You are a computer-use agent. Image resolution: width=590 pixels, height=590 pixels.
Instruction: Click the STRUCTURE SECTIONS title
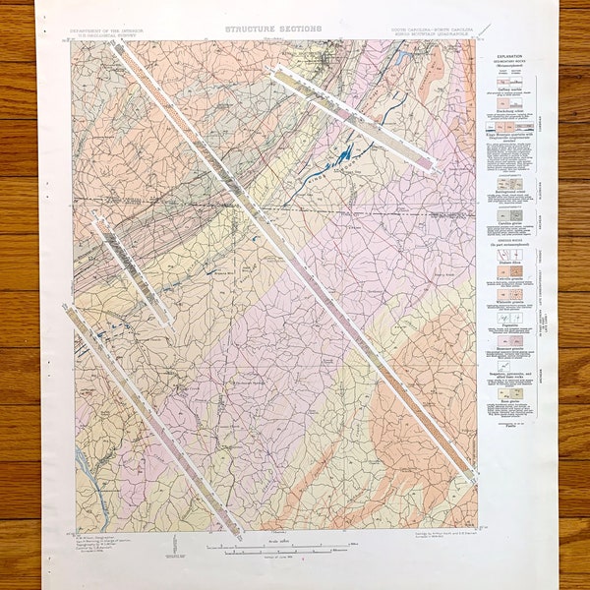point(272,29)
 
